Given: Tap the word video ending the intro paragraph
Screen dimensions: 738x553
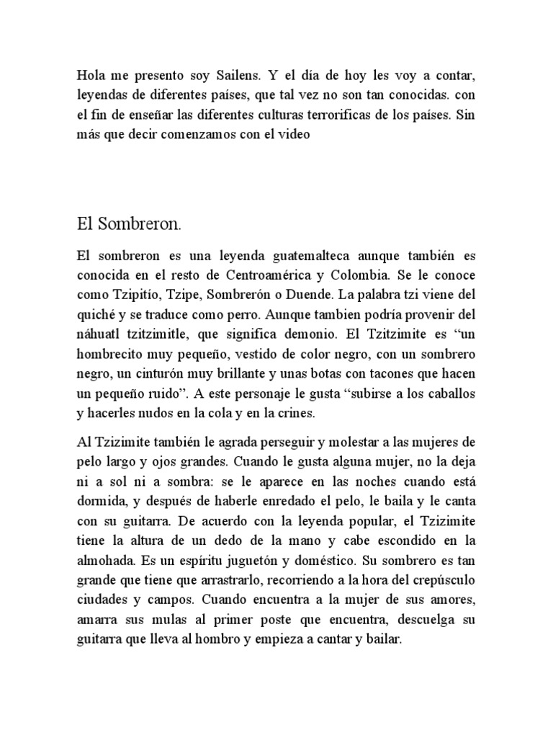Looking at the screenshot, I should pyautogui.click(x=294, y=135).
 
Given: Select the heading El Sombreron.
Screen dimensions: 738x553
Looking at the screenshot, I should pyautogui.click(x=129, y=224).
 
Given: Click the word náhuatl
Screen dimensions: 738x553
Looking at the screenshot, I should pyautogui.click(x=99, y=335).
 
